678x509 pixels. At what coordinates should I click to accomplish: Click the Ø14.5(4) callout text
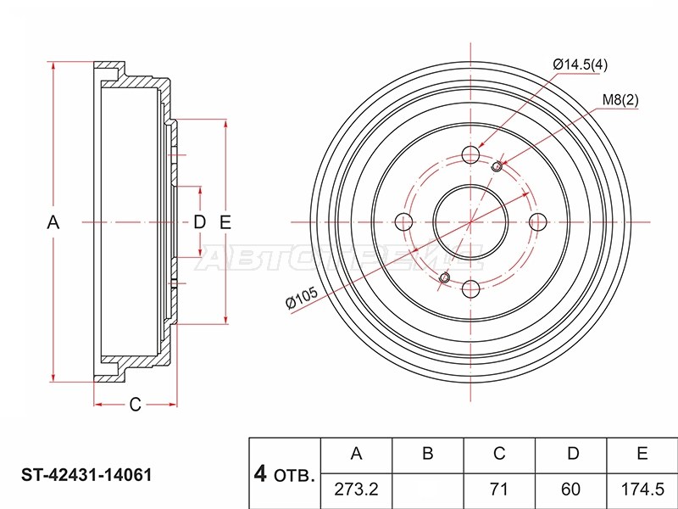(x=580, y=65)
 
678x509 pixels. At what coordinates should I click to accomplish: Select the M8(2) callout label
(x=620, y=100)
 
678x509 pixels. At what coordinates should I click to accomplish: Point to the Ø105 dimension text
(x=302, y=298)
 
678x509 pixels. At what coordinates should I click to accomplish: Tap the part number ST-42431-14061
(x=86, y=475)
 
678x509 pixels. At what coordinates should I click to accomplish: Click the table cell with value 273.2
(x=356, y=490)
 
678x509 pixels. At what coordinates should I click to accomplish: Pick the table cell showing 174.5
(x=642, y=490)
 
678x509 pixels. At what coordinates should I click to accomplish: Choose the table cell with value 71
(x=499, y=490)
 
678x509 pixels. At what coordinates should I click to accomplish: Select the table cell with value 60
(x=571, y=490)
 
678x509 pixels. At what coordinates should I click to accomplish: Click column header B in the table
(x=428, y=455)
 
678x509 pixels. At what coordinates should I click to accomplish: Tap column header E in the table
(x=642, y=455)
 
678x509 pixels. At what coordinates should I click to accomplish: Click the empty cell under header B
(x=428, y=490)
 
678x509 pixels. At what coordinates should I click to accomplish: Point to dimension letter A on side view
(x=53, y=222)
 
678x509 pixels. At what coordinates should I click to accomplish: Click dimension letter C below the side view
(x=136, y=405)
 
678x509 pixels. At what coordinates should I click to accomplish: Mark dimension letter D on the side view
(x=199, y=222)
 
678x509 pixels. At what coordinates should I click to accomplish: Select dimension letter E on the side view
(x=225, y=222)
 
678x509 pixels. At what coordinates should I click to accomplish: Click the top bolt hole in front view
(x=471, y=154)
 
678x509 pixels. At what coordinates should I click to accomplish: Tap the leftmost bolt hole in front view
(x=404, y=222)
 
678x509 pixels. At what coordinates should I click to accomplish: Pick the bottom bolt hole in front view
(x=471, y=289)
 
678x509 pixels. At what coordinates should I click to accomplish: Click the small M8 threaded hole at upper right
(x=497, y=166)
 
